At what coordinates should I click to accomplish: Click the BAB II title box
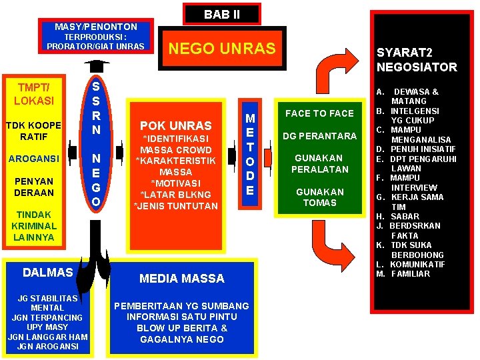[x=222, y=14]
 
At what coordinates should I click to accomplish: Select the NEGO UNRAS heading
[x=222, y=49]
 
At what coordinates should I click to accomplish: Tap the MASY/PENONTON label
[x=95, y=27]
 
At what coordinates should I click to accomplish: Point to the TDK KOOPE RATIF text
[x=33, y=131]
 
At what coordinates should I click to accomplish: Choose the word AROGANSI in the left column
[x=33, y=159]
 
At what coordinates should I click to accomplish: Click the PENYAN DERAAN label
[x=33, y=187]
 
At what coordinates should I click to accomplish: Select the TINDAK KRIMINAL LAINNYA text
[x=33, y=226]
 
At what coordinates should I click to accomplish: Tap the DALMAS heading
[x=47, y=272]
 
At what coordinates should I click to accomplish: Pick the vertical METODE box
[x=250, y=154]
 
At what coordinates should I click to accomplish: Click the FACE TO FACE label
[x=319, y=113]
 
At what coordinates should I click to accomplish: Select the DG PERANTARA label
[x=319, y=136]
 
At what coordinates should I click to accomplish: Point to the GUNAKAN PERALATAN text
[x=319, y=163]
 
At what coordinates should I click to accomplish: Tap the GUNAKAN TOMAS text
[x=319, y=197]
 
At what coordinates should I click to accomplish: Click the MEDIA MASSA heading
[x=181, y=278]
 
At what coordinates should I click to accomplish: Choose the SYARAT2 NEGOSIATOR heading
[x=416, y=59]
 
